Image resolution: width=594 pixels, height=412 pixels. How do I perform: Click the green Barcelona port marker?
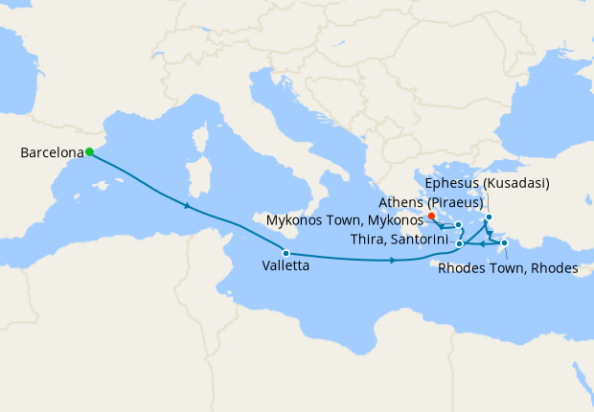(89, 151)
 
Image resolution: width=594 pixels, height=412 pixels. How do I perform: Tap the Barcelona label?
(51, 152)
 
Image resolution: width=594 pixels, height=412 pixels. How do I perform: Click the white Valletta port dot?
(286, 253)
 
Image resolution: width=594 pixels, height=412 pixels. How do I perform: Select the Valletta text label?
(286, 266)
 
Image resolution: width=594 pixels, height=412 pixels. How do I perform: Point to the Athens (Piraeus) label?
(430, 203)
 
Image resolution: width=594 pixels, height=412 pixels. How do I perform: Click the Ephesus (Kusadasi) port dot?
(488, 217)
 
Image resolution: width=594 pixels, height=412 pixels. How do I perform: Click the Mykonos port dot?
(459, 225)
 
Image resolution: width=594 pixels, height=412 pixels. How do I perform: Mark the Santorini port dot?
(460, 243)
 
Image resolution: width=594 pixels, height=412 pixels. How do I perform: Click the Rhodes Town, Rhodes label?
(508, 268)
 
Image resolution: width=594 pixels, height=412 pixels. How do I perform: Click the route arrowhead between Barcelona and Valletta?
(186, 206)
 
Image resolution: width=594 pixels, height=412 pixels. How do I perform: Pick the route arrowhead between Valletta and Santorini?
(394, 260)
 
